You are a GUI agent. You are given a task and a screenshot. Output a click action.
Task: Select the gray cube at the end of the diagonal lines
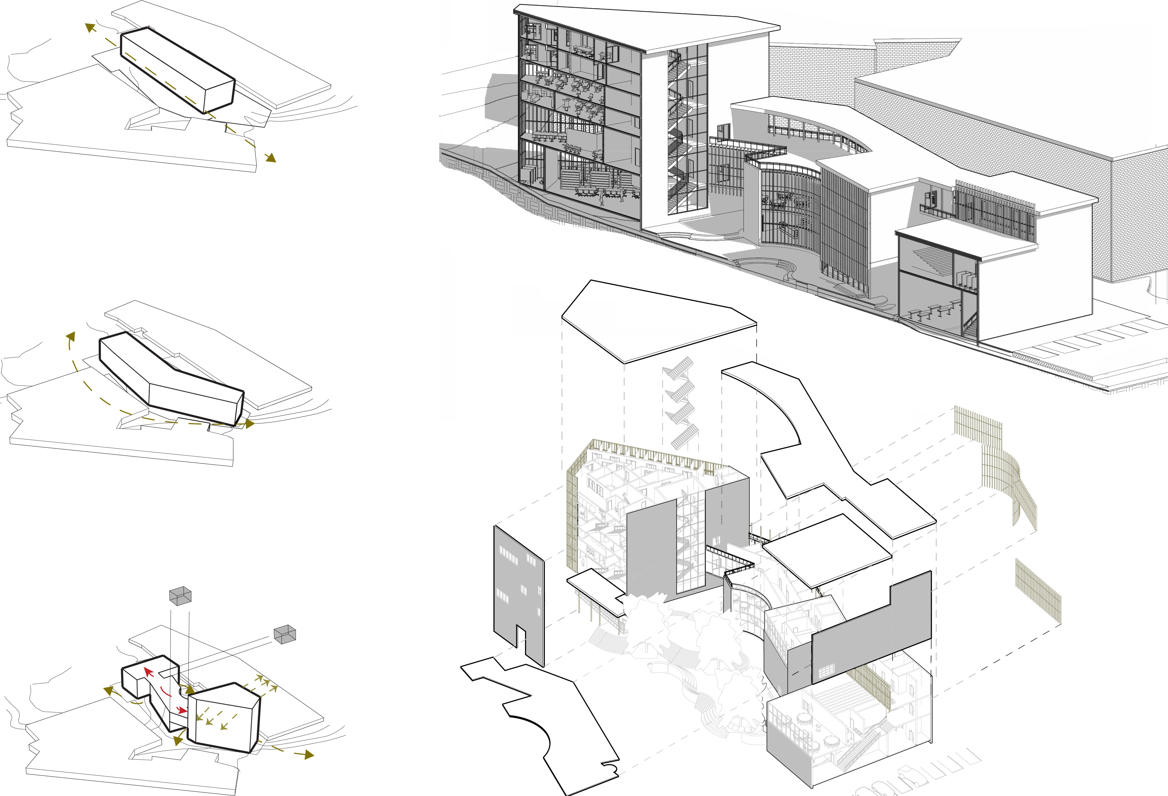pos(284,634)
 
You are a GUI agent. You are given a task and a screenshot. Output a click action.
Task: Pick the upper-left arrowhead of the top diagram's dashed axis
pos(90,27)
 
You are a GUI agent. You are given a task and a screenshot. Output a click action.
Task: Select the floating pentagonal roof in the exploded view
pos(658,319)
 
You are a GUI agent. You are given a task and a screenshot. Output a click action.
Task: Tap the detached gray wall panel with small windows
pos(518,593)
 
